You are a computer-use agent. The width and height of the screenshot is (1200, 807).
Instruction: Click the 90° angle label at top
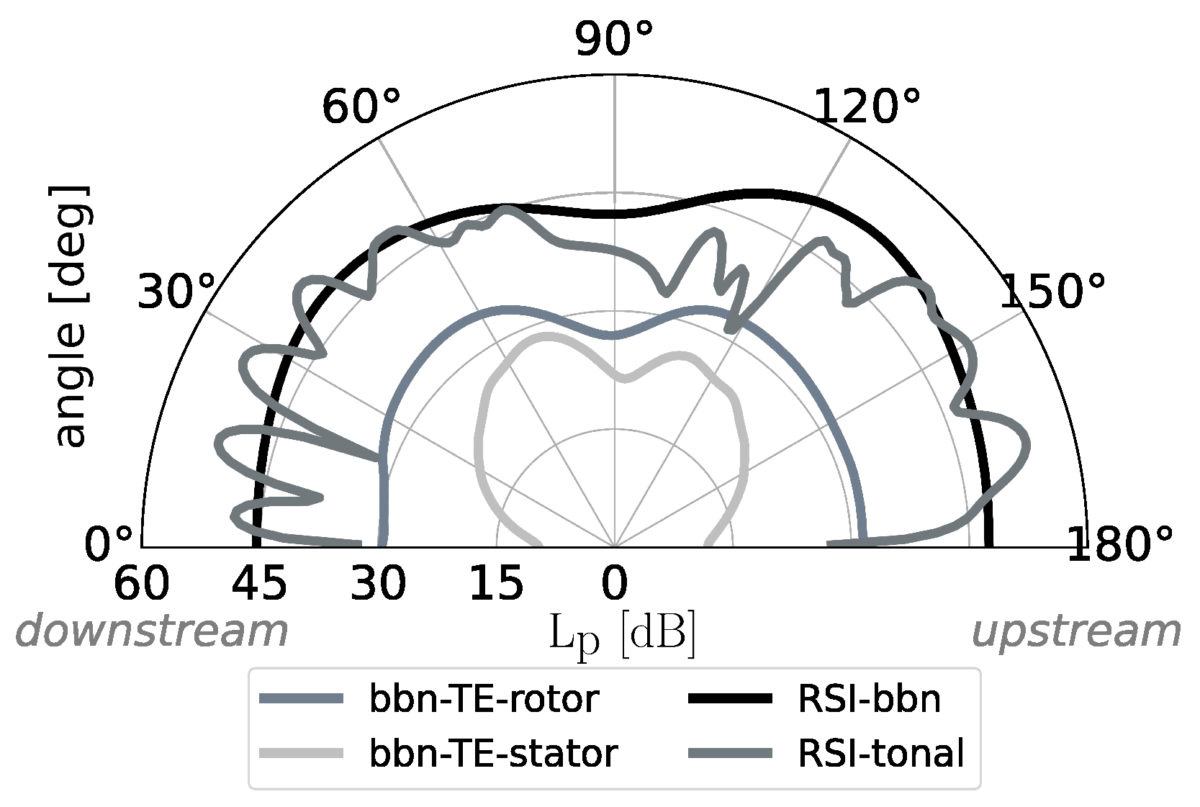(x=613, y=39)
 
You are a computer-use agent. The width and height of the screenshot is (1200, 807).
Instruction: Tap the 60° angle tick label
(x=361, y=108)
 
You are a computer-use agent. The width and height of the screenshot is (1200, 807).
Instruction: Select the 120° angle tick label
(x=867, y=108)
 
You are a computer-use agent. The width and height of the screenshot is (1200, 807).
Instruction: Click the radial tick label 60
(x=142, y=583)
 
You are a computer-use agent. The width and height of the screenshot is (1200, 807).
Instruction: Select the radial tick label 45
(x=260, y=583)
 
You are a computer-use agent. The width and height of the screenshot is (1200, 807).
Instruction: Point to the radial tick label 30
(x=378, y=583)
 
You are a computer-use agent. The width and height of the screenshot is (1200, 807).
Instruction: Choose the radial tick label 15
(x=496, y=583)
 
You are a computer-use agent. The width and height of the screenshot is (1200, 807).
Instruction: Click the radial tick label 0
(x=614, y=583)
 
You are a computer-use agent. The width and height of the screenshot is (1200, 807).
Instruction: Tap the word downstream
(x=152, y=632)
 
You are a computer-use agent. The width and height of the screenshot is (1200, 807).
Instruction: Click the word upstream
(x=1076, y=632)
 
